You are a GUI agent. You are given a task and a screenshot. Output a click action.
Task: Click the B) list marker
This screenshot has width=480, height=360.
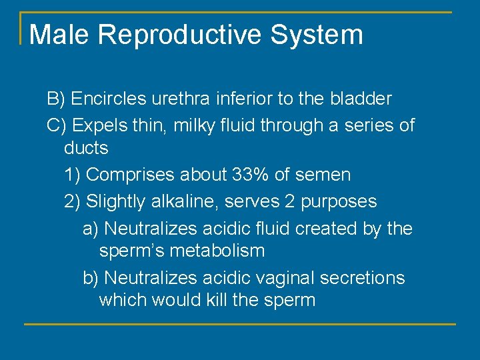pyautogui.click(x=55, y=99)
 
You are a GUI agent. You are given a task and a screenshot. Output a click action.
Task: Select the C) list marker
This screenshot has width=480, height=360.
pyautogui.click(x=56, y=125)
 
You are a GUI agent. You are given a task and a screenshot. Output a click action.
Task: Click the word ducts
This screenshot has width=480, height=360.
pyautogui.click(x=86, y=147)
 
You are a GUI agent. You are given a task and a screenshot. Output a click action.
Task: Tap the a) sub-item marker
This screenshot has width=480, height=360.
pyautogui.click(x=91, y=229)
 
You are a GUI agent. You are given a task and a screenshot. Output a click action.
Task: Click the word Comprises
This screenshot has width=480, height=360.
pyautogui.click(x=129, y=175)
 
